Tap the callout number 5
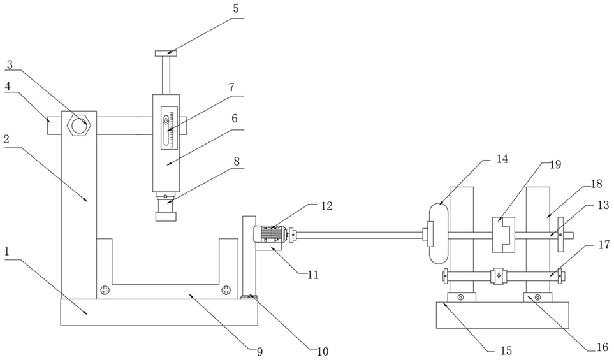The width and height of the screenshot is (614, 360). tap(236, 9)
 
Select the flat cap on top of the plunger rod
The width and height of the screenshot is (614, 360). tap(166, 54)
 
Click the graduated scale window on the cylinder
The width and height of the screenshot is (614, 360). tap(169, 127)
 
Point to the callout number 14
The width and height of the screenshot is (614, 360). tap(502, 159)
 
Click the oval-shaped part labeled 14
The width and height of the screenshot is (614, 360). tap(438, 234)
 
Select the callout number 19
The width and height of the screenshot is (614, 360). tap(555, 165)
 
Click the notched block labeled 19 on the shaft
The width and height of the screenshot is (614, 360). tap(503, 234)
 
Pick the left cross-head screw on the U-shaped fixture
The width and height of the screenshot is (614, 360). tap(105, 290)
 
